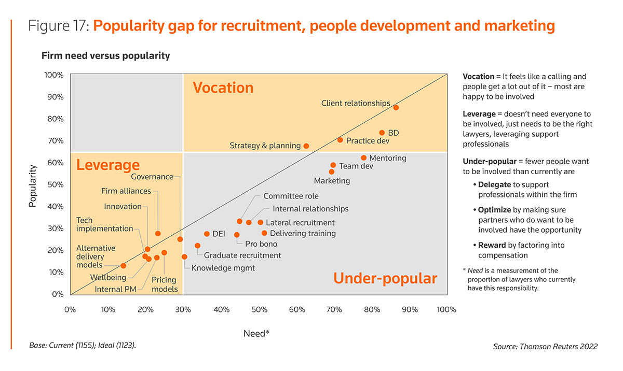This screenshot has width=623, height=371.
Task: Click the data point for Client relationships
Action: tap(396, 107)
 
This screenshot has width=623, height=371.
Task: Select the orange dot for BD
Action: tap(382, 133)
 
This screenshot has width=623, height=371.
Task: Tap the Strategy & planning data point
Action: tap(306, 146)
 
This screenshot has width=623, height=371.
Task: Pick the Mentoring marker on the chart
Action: tap(363, 158)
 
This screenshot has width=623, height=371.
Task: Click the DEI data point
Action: tap(207, 234)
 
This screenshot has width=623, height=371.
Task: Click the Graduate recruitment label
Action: tap(242, 255)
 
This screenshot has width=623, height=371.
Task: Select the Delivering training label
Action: tap(303, 233)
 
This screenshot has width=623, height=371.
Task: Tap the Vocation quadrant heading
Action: tap(223, 88)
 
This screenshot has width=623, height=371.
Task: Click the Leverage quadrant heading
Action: tap(108, 165)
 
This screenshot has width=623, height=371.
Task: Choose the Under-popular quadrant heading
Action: tap(385, 279)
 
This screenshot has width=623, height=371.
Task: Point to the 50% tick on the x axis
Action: tap(259, 310)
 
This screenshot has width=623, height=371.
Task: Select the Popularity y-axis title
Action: tap(32, 186)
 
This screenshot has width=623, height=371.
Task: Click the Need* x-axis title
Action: tap(256, 334)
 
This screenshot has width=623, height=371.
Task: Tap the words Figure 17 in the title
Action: tap(58, 25)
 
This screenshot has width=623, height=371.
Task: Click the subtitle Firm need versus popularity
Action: tap(105, 55)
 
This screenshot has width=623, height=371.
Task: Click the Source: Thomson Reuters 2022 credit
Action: tap(545, 346)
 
